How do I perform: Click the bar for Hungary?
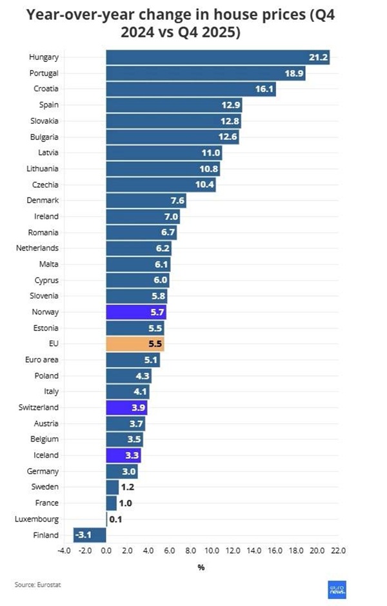[217, 57]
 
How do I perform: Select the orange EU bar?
[135, 344]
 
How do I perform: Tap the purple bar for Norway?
[136, 312]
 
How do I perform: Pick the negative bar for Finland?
[90, 535]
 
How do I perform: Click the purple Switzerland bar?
[126, 408]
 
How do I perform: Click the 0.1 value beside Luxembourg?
[117, 520]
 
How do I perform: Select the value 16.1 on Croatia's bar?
[265, 89]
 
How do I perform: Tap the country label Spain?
[48, 105]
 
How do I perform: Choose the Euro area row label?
[43, 360]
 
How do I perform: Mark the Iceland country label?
[46, 456]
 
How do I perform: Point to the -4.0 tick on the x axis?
[64, 552]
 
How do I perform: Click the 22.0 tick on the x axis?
[338, 552]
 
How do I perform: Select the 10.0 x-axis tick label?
[212, 552]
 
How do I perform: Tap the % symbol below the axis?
[201, 567]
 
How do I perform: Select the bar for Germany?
[121, 472]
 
